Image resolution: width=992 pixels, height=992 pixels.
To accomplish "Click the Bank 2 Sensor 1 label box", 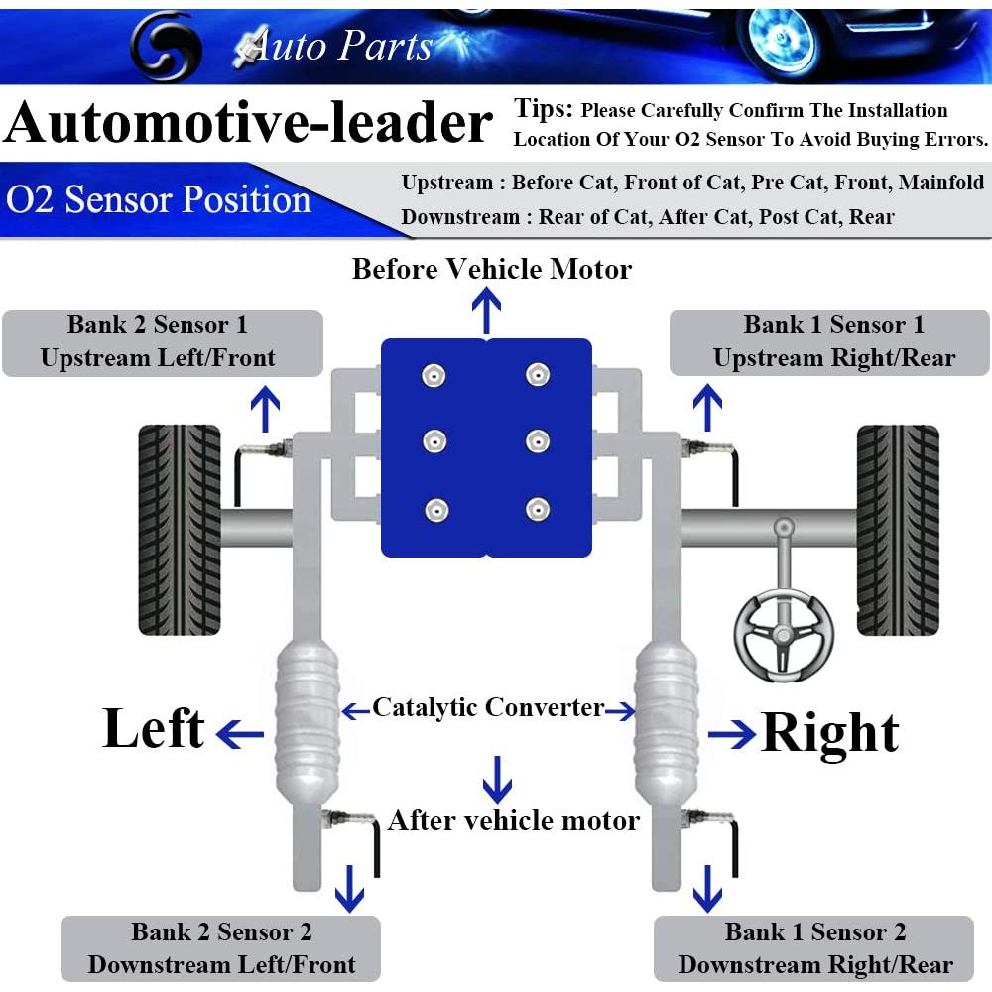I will click(163, 342).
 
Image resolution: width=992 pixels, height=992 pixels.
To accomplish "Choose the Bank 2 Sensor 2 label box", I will click(221, 948).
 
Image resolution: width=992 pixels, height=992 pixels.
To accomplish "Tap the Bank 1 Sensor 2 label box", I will click(814, 948).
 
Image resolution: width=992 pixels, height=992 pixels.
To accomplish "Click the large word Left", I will click(154, 729).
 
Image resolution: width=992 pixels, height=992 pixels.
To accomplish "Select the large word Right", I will click(829, 734).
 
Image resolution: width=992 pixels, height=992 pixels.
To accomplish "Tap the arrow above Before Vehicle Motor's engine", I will click(486, 311).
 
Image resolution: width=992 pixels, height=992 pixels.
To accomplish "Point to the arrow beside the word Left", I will click(240, 735).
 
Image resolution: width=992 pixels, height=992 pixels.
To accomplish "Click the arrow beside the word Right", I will click(732, 735).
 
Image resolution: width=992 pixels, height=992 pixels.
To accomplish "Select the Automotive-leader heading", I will click(248, 124).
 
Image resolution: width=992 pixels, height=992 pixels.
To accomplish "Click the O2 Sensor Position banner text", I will click(159, 200).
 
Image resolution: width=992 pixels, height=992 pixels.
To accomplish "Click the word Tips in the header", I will click(543, 109).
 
